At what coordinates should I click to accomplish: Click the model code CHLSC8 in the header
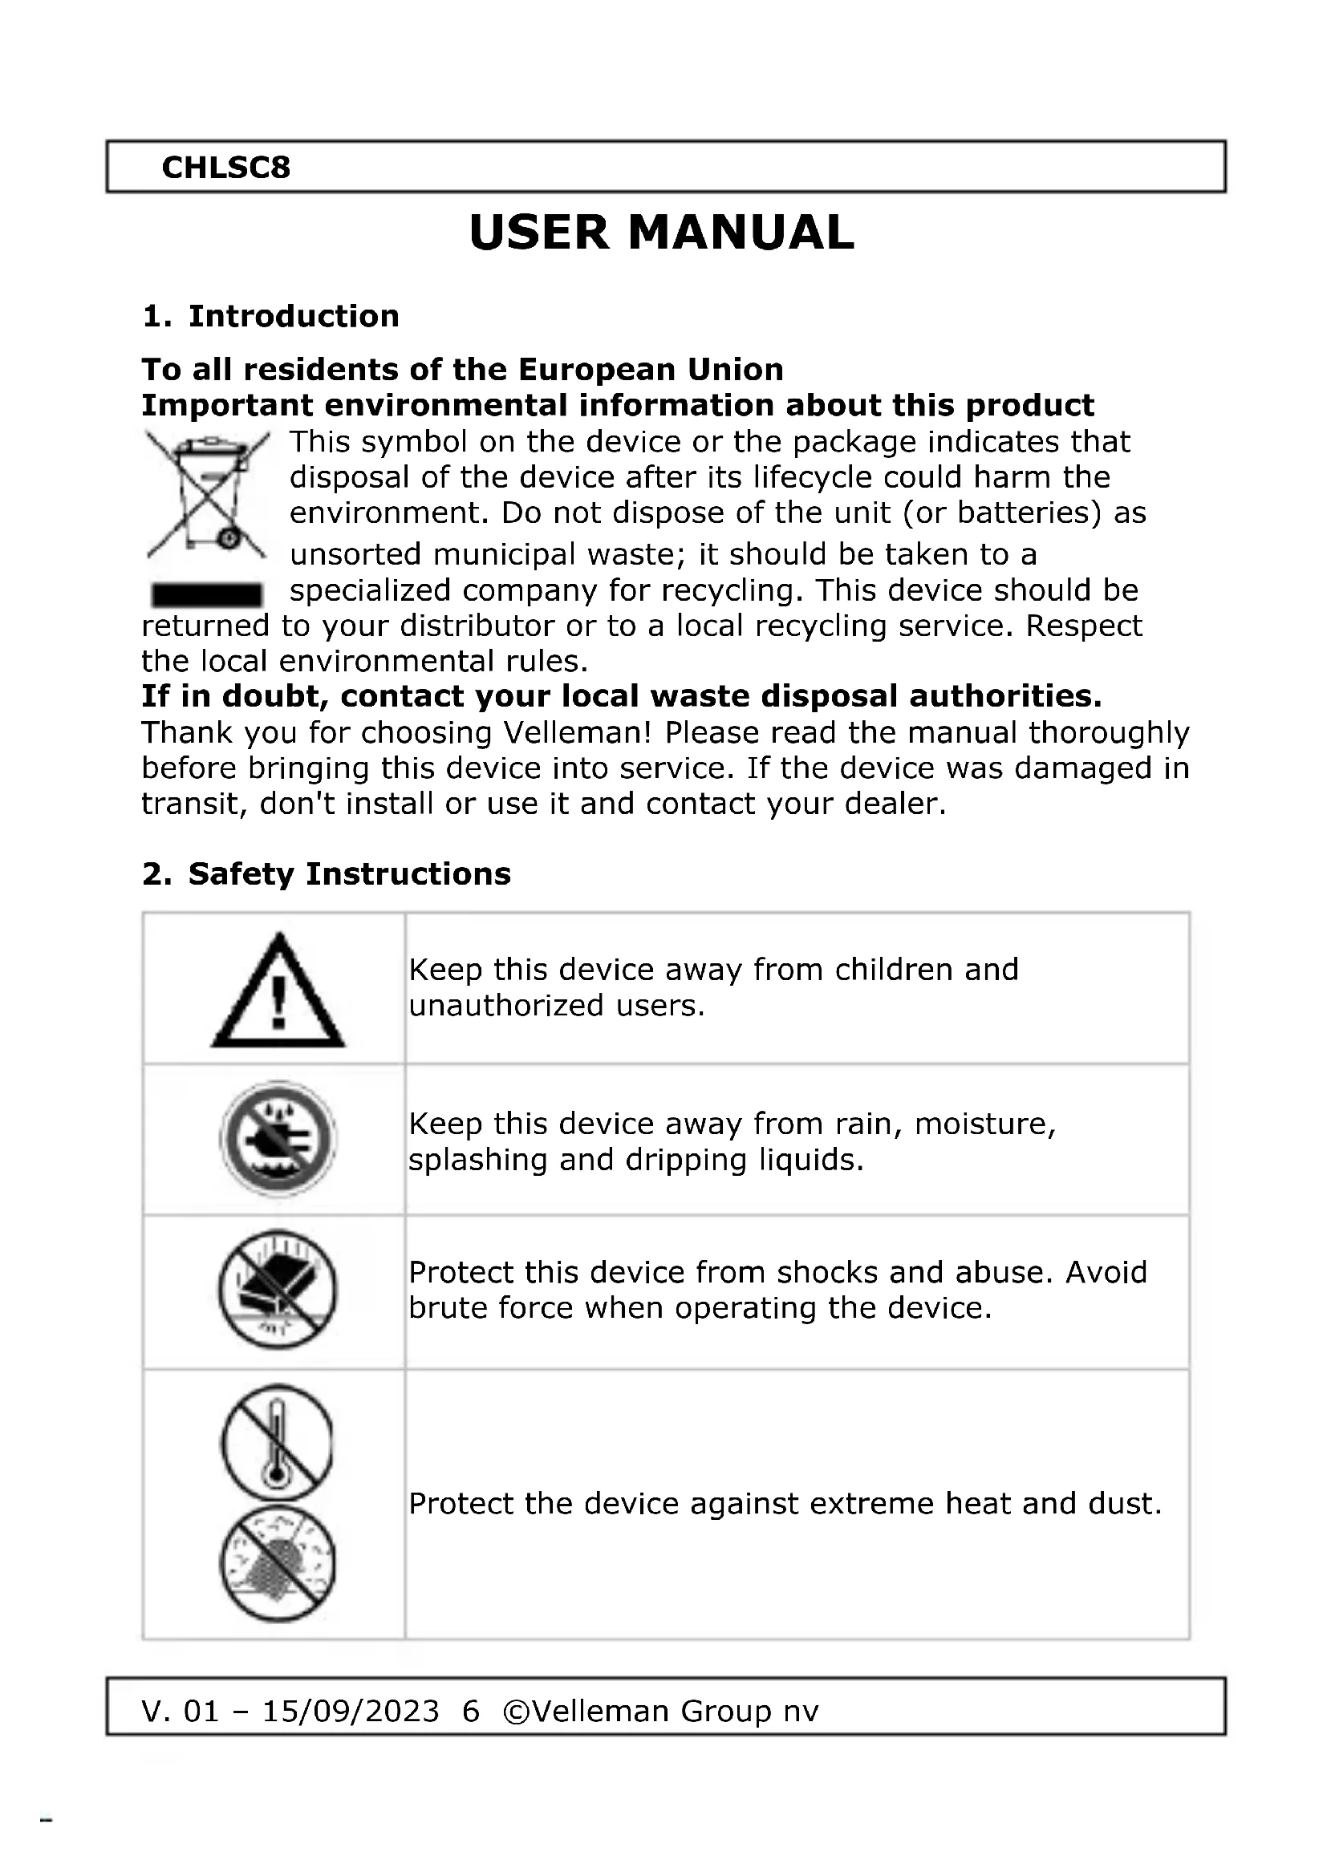225,168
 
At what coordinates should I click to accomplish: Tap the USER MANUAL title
662,233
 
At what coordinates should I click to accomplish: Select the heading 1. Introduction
270,316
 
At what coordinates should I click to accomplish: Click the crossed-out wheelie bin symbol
208,493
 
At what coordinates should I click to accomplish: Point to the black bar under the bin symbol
207,594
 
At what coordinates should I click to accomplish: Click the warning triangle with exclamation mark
278,993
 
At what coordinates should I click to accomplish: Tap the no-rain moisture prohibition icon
278,1138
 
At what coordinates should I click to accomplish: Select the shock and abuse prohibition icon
278,1291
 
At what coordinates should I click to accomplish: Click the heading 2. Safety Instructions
326,874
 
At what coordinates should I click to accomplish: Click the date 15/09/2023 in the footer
351,1711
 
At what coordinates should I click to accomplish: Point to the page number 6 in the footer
471,1711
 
